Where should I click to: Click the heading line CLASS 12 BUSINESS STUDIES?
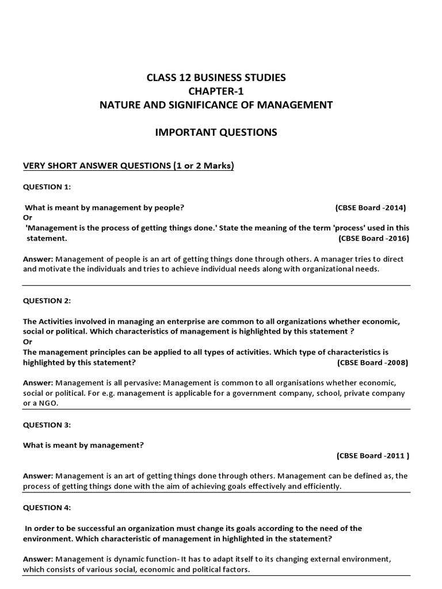click(x=216, y=77)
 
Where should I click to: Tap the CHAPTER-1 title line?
click(x=216, y=91)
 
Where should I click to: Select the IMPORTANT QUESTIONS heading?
click(x=216, y=132)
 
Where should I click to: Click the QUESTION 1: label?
click(x=47, y=187)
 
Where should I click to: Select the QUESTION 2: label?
click(x=47, y=301)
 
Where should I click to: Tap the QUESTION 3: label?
click(x=47, y=424)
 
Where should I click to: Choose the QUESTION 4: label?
click(x=47, y=507)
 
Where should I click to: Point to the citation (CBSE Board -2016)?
click(x=374, y=238)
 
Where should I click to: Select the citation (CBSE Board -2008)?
click(x=372, y=362)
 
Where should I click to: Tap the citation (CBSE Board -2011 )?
click(x=373, y=456)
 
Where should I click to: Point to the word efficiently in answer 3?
click(x=320, y=486)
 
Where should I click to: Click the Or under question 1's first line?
click(x=27, y=217)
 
